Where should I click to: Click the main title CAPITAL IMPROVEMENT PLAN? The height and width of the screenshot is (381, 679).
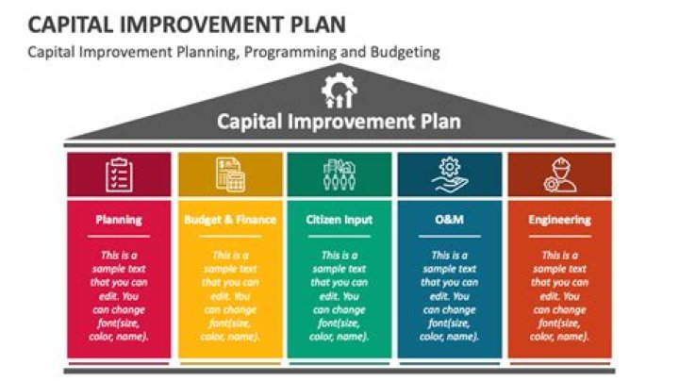pyautogui.click(x=179, y=22)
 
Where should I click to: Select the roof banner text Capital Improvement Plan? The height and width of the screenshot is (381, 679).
pyautogui.click(x=339, y=121)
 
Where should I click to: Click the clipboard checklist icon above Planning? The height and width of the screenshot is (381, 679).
pyautogui.click(x=119, y=174)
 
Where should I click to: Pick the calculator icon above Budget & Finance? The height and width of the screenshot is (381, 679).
pyautogui.click(x=229, y=174)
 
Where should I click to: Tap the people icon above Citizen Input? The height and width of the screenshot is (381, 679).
pyautogui.click(x=339, y=174)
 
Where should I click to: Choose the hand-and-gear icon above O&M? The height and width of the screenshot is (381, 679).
pyautogui.click(x=449, y=174)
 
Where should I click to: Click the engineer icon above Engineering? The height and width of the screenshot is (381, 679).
pyautogui.click(x=559, y=174)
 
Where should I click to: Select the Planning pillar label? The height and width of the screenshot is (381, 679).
pyautogui.click(x=119, y=220)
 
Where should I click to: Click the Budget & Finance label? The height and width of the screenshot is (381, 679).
pyautogui.click(x=230, y=220)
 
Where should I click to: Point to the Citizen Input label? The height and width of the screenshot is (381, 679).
pyautogui.click(x=339, y=220)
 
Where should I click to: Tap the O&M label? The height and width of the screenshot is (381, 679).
pyautogui.click(x=449, y=220)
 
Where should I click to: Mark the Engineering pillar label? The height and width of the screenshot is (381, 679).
pyautogui.click(x=559, y=220)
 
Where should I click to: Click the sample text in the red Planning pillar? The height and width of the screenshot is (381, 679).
pyautogui.click(x=119, y=295)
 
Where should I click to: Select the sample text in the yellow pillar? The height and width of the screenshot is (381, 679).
pyautogui.click(x=230, y=295)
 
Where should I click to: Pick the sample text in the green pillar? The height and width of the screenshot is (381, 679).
pyautogui.click(x=339, y=295)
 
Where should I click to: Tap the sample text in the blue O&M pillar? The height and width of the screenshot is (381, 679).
pyautogui.click(x=449, y=295)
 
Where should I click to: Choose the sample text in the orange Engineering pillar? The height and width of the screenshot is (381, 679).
pyautogui.click(x=559, y=295)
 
